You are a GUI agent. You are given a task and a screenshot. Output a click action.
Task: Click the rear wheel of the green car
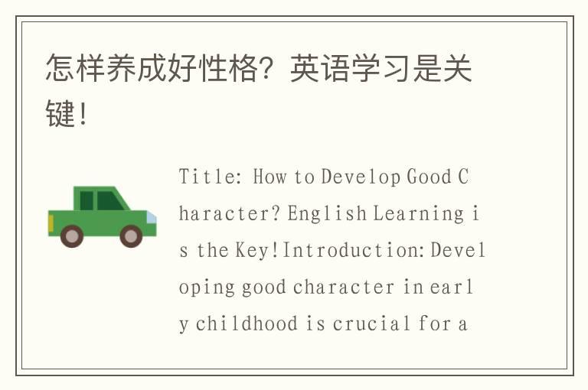coord(72,236)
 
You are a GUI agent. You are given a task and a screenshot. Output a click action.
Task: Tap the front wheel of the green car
coord(131,236)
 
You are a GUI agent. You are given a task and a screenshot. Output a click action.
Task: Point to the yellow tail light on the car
coord(51,223)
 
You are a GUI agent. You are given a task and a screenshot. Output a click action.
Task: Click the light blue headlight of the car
coord(152,217)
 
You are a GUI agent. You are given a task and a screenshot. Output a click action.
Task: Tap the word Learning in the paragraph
coord(418,214)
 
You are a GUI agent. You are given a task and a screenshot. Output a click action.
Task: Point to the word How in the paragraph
coord(269,177)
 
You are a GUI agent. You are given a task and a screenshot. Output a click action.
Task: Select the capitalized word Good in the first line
coord(429,177)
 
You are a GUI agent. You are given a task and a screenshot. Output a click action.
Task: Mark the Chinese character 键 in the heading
coord(60,115)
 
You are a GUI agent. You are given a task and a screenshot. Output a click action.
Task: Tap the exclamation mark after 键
coord(83,115)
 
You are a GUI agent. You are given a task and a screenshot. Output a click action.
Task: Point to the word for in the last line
coord(434,324)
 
